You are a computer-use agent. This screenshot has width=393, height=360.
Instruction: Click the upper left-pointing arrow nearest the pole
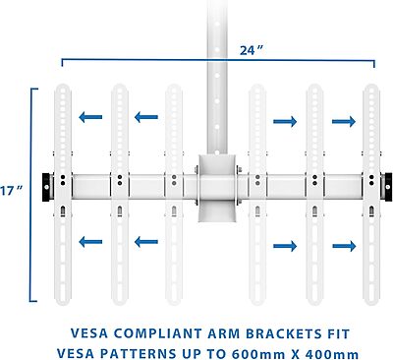coord(146,118)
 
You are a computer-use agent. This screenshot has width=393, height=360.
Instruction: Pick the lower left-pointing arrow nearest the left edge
coord(91,242)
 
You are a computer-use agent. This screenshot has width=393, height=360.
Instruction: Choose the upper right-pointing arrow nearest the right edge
coord(343,121)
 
